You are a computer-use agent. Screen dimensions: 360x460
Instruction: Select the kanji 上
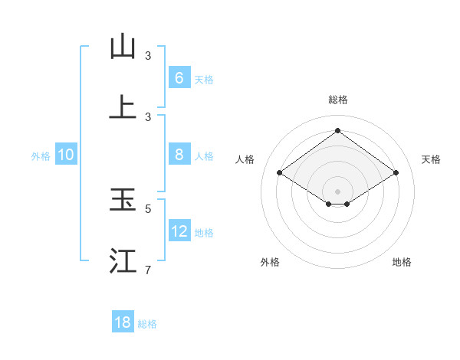tap(123, 107)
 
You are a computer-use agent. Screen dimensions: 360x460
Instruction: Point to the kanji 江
tap(123, 260)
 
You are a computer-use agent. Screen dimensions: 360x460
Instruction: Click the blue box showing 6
tap(179, 78)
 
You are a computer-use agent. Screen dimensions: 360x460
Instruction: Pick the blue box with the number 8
tap(179, 155)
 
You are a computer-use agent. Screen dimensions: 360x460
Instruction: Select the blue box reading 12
tap(179, 231)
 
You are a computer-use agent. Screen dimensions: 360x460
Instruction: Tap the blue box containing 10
tap(66, 155)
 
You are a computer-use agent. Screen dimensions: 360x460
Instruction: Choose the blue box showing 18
tap(123, 322)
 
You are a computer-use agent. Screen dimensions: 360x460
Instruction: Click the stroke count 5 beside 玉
tap(148, 208)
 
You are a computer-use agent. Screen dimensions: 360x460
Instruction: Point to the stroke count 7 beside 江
tap(148, 270)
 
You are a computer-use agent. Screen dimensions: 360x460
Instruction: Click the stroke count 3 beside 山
tap(148, 55)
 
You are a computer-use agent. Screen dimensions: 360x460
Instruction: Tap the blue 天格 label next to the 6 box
tap(204, 79)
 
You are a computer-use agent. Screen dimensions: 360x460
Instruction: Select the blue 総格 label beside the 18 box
tap(147, 323)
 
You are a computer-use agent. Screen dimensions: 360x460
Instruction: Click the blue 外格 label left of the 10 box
tap(41, 155)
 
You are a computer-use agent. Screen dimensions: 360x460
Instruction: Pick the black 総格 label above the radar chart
tap(338, 100)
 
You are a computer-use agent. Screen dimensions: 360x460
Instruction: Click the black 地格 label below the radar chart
tap(402, 262)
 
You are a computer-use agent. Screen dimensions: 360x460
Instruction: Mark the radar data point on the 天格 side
tap(396, 173)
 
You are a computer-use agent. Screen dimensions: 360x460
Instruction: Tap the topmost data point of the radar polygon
tap(338, 131)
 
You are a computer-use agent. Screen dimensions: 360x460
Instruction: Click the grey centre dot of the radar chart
tap(338, 191)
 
